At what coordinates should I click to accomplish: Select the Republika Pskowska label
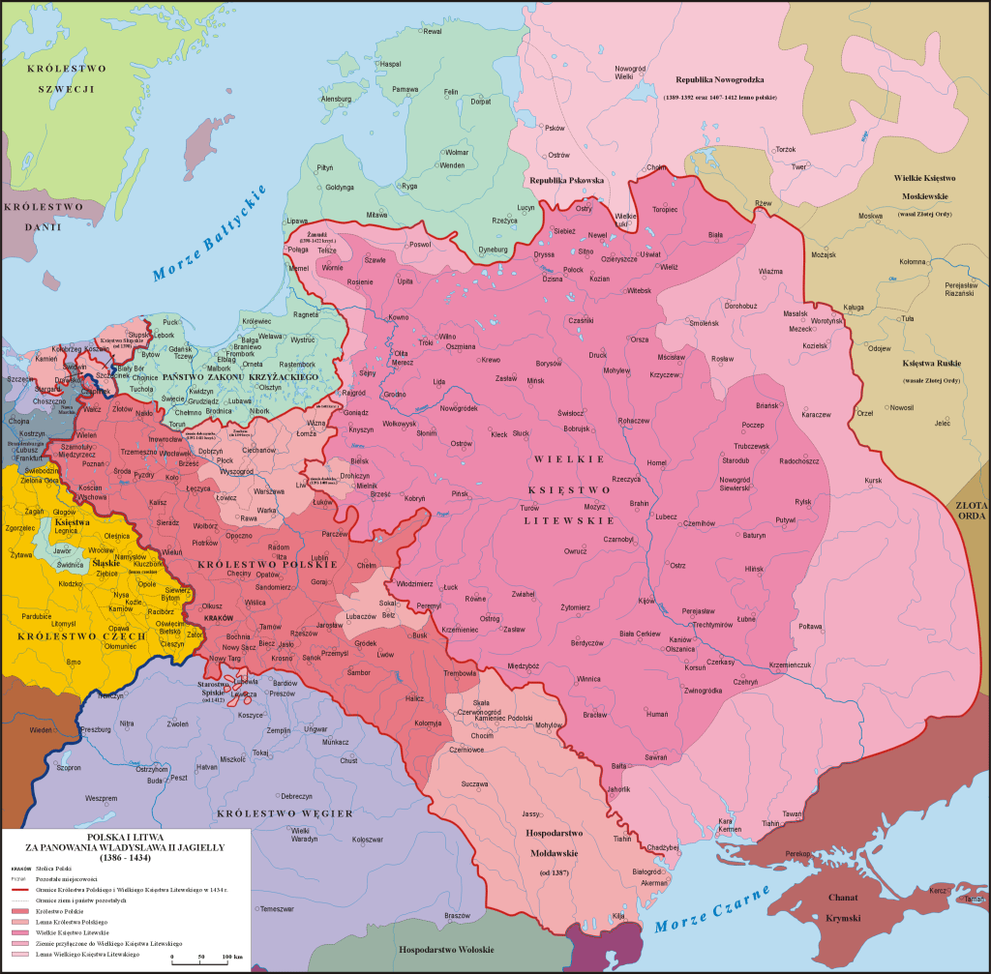[x=566, y=181]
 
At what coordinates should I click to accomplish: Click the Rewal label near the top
[x=432, y=31]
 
